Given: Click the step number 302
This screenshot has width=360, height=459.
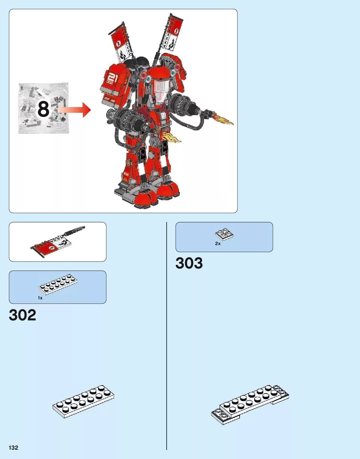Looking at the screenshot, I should (x=23, y=315).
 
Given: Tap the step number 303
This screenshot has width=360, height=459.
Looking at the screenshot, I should (x=189, y=263).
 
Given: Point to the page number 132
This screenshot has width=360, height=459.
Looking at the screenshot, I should (x=14, y=448).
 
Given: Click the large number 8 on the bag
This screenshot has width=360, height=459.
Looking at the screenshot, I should (x=43, y=109).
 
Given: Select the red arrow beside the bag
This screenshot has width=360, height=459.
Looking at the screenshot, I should (x=75, y=110).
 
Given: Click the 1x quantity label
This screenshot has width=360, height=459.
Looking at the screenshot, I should (x=40, y=298).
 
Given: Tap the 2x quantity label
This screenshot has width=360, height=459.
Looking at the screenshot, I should (x=218, y=244).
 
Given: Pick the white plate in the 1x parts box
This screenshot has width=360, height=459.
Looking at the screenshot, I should (x=58, y=283).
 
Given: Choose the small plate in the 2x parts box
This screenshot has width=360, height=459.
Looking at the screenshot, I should (x=224, y=234).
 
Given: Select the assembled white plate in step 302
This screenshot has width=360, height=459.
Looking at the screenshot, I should (x=83, y=401).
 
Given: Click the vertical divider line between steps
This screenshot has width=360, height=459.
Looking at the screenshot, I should (x=167, y=336).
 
